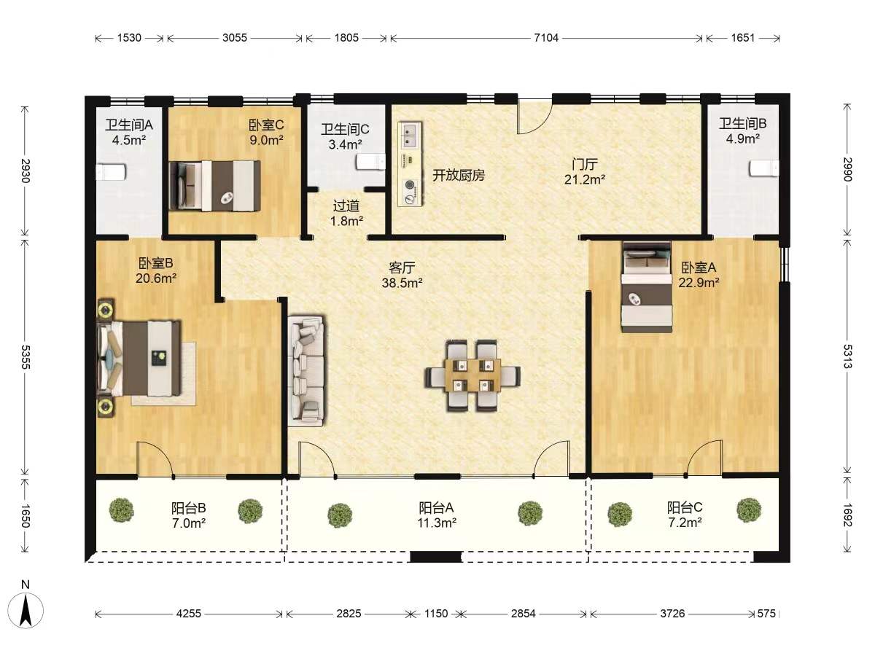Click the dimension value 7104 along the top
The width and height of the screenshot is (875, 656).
[545, 38]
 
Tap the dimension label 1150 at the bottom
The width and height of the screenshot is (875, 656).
[435, 614]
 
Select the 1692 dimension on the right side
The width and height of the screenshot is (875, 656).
[847, 515]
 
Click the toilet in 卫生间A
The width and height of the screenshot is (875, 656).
[112, 172]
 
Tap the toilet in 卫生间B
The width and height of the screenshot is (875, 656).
[764, 168]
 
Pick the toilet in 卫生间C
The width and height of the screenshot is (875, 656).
[370, 162]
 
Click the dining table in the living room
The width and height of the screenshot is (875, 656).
[472, 375]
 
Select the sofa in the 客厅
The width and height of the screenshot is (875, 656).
[306, 371]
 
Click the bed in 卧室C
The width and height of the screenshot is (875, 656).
[215, 186]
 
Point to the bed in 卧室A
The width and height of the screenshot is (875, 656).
[647, 287]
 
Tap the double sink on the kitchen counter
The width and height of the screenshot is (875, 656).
[410, 136]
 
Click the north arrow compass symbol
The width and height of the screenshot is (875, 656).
[26, 610]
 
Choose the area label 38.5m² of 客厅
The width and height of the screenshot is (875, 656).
[402, 283]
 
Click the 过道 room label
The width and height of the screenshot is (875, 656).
[346, 206]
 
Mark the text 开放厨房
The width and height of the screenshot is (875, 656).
[459, 175]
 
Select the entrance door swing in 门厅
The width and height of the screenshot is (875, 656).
[534, 117]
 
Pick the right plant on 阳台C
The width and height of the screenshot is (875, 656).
[749, 509]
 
